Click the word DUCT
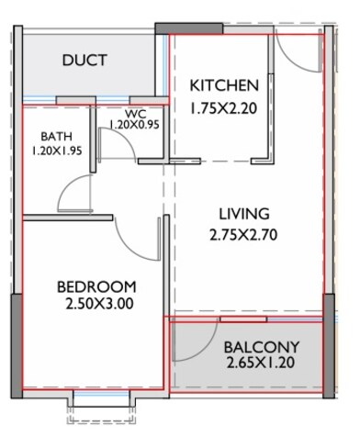(x=84, y=61)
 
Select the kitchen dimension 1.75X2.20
(x=224, y=108)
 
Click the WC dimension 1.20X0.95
(x=135, y=124)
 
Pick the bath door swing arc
(x=70, y=191)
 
